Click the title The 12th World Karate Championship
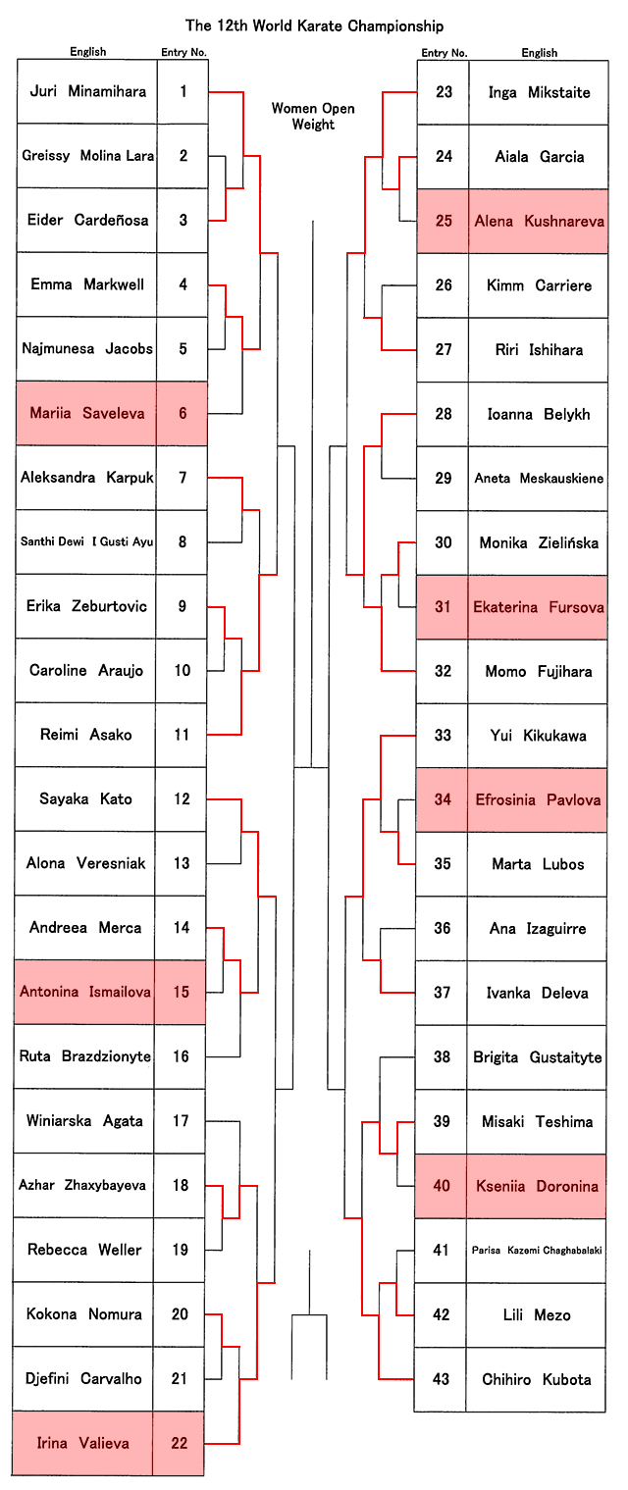[314, 26]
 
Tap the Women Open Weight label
[313, 117]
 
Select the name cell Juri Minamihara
[87, 91]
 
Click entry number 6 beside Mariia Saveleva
[182, 413]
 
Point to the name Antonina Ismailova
[85, 992]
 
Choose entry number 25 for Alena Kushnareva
[444, 221]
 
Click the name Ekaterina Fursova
[538, 606]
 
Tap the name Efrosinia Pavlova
[538, 799]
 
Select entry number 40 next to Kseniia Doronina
[442, 1186]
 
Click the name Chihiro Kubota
[537, 1379]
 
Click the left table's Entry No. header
[183, 52]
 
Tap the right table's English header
[539, 53]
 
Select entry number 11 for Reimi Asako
[182, 735]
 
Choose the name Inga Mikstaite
[539, 92]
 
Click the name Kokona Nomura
[84, 1314]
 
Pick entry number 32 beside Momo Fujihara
[443, 671]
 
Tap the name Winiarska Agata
[84, 1121]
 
